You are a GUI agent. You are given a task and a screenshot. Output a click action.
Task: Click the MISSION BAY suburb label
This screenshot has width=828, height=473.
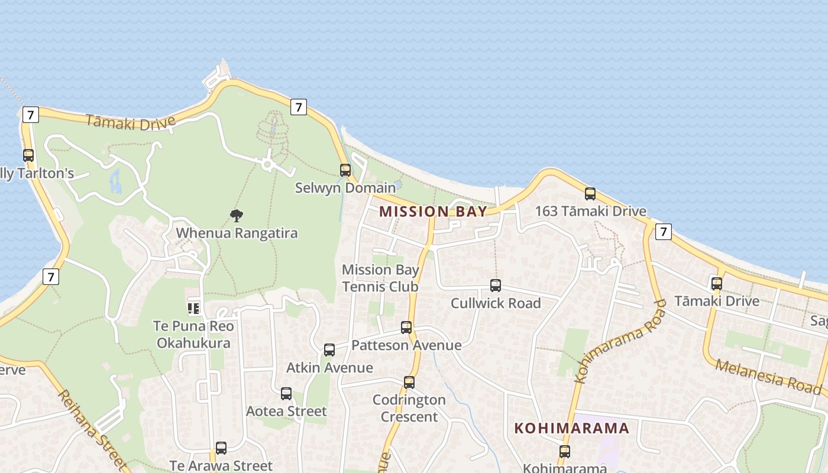click(x=433, y=212)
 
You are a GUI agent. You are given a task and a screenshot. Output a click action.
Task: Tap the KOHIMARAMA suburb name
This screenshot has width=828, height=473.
click(x=571, y=429)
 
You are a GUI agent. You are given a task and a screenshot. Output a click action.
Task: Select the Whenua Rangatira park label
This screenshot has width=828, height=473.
click(x=237, y=233)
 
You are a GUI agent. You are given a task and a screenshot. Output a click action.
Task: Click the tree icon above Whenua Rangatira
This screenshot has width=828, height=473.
click(x=237, y=216)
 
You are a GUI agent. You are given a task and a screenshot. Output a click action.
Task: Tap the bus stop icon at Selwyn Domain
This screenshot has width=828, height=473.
click(x=345, y=170)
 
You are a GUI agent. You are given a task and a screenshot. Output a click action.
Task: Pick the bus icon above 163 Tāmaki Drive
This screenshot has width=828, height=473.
click(x=590, y=193)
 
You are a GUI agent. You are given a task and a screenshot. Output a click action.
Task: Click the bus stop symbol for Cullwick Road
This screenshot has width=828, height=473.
click(x=496, y=286)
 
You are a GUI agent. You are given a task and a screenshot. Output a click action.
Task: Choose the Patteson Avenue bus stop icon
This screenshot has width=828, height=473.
click(x=406, y=328)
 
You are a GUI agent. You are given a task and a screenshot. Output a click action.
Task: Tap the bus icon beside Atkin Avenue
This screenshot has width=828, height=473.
click(x=329, y=350)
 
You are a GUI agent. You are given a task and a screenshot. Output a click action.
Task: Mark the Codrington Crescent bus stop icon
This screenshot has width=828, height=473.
click(x=409, y=383)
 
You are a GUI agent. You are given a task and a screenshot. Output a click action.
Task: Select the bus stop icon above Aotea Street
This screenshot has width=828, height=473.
click(x=286, y=394)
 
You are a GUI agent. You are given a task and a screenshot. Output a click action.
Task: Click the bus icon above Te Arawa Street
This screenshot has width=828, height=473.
click(x=221, y=448)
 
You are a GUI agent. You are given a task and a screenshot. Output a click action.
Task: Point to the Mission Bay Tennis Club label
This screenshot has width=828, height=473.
click(x=380, y=278)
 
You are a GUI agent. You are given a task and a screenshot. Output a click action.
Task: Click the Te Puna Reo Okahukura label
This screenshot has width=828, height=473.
click(x=194, y=335)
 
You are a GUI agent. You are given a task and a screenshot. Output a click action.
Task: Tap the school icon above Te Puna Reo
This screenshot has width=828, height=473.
click(x=193, y=307)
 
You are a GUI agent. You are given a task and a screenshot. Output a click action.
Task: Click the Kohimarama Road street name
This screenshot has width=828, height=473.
click(x=620, y=341)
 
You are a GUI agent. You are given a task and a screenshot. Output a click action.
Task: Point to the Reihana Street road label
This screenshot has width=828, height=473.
click(x=93, y=429)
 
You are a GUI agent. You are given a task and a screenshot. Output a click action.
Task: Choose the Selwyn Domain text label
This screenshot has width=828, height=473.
click(x=337, y=188)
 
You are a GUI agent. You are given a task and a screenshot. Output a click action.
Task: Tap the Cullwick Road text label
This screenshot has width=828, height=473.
click(x=496, y=303)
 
